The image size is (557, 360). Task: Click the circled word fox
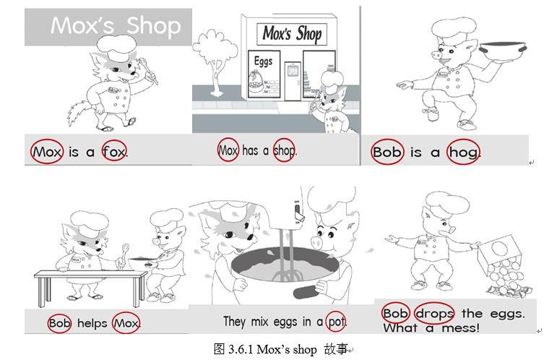114,152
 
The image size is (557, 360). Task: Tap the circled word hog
463,153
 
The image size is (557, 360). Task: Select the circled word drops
434,313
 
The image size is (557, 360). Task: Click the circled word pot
336,322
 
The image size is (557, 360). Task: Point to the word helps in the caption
92,323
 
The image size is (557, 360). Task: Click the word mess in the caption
460,327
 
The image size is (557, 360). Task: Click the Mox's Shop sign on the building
292,34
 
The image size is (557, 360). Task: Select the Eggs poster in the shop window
264,74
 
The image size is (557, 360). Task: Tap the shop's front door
293,81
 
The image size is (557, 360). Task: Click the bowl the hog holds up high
502,48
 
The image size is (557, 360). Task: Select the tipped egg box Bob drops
500,254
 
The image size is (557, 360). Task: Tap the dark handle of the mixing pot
306,292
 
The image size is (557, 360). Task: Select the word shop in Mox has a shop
284,150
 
